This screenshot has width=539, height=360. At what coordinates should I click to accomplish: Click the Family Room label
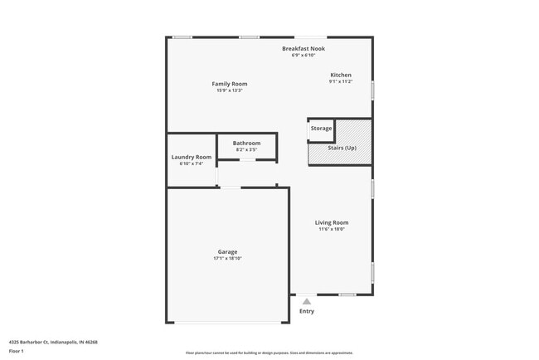coord(229,84)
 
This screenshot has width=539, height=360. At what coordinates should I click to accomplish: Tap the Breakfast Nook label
coord(303,49)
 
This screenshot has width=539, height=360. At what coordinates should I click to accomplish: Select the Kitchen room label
coord(341,75)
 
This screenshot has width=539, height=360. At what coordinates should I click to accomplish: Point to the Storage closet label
coord(321,129)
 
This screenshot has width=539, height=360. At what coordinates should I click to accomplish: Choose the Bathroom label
coord(246,143)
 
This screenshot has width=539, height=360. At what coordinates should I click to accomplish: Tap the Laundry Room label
coord(192,157)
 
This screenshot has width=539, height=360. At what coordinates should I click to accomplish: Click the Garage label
coord(227,251)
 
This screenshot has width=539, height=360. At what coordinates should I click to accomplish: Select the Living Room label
coord(332,222)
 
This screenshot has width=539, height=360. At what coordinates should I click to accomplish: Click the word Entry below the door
coord(307,312)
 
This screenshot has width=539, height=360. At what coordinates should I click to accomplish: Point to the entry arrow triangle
coord(307,302)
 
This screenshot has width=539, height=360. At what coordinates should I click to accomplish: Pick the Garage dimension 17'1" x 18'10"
coord(227,259)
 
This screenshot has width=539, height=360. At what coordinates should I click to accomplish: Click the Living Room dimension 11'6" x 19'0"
coord(332,230)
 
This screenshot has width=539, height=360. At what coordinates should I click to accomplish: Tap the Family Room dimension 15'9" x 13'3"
coord(229,90)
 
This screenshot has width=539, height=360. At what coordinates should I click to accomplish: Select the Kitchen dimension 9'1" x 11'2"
coord(341,81)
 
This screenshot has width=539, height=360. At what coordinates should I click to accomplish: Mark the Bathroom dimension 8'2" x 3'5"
coord(246,149)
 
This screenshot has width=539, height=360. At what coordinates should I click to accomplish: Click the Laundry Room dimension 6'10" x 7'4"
coord(192,163)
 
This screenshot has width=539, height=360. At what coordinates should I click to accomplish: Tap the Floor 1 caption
coord(17,351)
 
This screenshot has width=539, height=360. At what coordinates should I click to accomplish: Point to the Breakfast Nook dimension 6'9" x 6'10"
coord(303,56)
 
